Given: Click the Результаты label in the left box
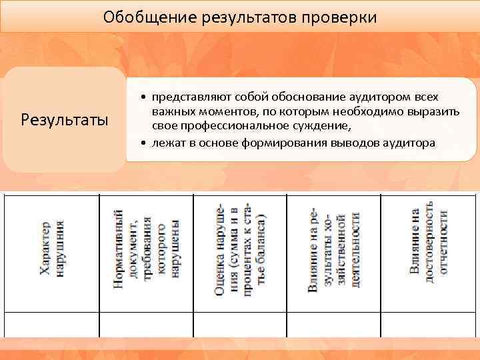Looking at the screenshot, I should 65,120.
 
